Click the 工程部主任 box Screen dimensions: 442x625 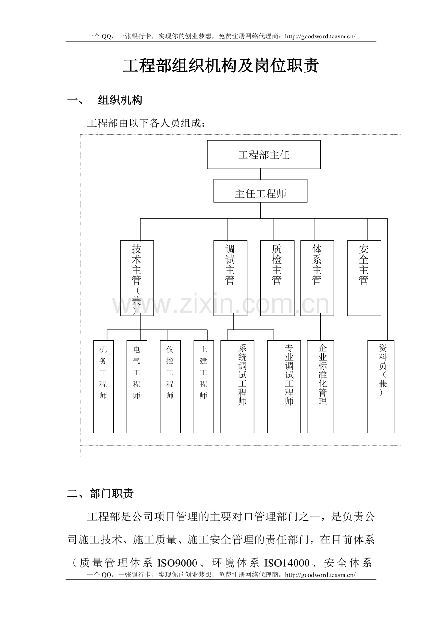pos(264,155)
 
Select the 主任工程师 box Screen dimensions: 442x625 pos(260,191)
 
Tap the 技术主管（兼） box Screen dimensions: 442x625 pos(137,278)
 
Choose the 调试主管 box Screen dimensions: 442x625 pos(230,278)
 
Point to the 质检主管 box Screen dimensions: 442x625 pos(277,278)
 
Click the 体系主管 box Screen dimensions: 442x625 pos(317,278)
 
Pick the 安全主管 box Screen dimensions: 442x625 pos(364,278)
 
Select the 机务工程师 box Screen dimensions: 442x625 pos(103,387)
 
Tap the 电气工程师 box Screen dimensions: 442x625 pos(137,387)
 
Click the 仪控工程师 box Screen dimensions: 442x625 pos(171,387)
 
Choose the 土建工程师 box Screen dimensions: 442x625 pos(204,387)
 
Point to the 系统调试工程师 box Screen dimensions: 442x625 pos(237,387)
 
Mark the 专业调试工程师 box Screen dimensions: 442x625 pos(284,387)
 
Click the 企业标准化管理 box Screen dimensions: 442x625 pos(320,387)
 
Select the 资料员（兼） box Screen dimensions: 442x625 pos(381,387)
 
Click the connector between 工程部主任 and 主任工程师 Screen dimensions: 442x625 pos(261,174)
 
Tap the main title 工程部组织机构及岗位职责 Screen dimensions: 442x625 pos(221,66)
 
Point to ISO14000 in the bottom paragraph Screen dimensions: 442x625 pos(287,563)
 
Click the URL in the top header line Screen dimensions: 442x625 pos(320,36)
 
